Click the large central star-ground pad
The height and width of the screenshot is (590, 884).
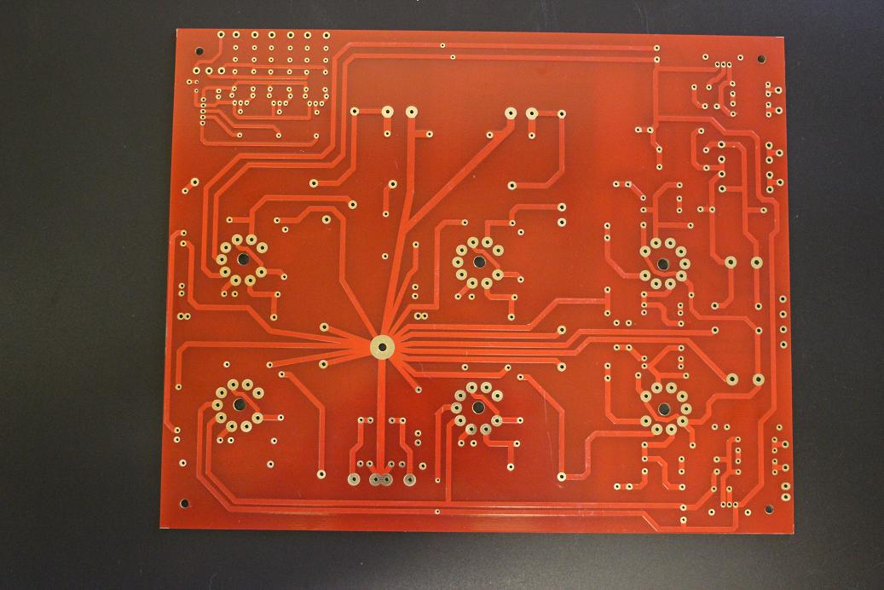pos(381,346)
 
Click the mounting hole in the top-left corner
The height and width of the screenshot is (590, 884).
pos(199,51)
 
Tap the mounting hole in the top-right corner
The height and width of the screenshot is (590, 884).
pos(761,60)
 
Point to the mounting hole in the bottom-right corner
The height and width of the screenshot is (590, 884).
pos(768,509)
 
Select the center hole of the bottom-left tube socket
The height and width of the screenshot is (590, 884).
pos(239,404)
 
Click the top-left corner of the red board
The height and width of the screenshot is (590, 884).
pos(177,30)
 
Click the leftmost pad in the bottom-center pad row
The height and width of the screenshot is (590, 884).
pos(353,479)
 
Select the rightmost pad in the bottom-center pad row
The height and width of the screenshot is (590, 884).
pos(409,479)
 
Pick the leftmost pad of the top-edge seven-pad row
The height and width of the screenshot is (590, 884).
pos(220,35)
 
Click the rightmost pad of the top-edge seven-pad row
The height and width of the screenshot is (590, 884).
pos(326,36)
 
